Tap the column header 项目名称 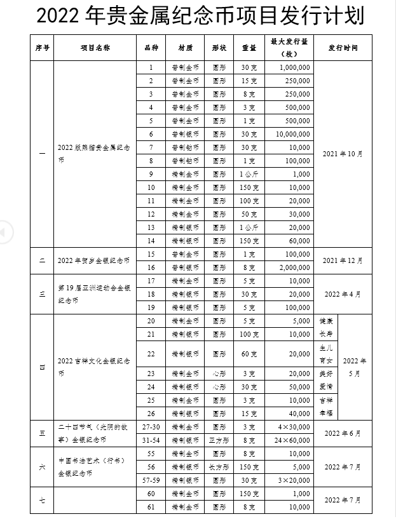click(x=95, y=47)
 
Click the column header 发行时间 click(x=343, y=47)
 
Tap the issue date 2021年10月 click(x=343, y=154)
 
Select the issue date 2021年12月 click(x=343, y=260)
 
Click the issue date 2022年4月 click(x=343, y=294)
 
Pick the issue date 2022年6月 click(x=343, y=433)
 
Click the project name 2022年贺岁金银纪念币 click(x=93, y=260)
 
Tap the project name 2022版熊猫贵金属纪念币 click(x=93, y=154)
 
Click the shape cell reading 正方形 click(x=219, y=440)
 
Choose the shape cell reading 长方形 click(x=219, y=467)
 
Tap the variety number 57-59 click(x=151, y=480)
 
